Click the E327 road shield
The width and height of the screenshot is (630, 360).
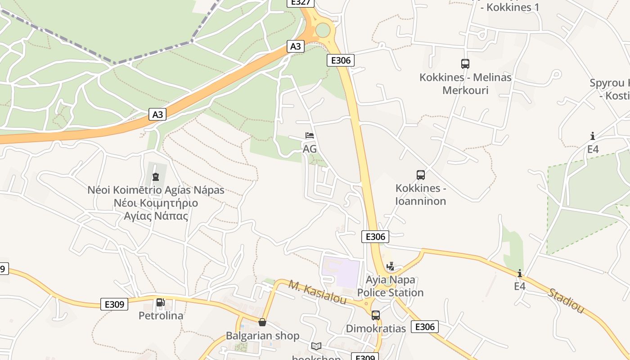[300, 2]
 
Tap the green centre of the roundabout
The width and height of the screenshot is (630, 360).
[323, 30]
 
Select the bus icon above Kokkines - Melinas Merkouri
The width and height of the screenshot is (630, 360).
[465, 64]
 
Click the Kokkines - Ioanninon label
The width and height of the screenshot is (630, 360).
[421, 194]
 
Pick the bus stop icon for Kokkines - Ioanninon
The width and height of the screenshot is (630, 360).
[420, 175]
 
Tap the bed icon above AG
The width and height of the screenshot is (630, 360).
[309, 135]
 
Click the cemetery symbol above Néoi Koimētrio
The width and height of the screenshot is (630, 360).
[156, 176]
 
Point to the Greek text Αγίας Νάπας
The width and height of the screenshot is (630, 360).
[156, 216]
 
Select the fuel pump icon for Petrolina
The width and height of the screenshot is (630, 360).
[160, 302]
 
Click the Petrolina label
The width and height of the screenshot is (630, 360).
[161, 315]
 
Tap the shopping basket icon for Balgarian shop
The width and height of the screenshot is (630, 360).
[262, 322]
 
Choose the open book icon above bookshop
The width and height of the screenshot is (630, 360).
[316, 346]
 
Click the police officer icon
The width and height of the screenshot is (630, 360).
[390, 266]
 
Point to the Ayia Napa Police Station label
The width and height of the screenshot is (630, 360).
[390, 286]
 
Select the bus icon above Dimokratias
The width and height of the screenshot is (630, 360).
[375, 315]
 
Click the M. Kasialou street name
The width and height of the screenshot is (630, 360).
[317, 291]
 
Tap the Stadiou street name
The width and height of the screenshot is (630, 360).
[566, 301]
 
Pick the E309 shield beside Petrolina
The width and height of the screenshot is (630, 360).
[114, 304]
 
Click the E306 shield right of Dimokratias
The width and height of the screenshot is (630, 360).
[424, 327]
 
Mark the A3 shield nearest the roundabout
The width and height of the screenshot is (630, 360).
[296, 46]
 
